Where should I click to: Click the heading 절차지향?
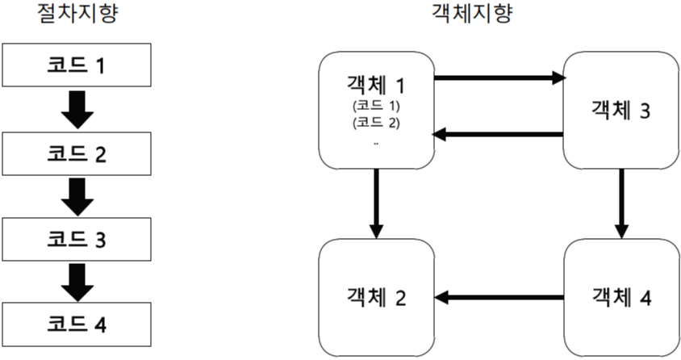[77, 15]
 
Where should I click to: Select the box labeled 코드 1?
[77, 65]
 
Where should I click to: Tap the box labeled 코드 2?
[77, 153]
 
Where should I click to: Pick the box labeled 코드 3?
[77, 240]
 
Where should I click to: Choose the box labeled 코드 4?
[77, 325]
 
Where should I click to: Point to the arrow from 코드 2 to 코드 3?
[77, 197]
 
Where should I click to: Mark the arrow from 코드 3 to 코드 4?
[77, 283]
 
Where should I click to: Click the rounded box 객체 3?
[620, 111]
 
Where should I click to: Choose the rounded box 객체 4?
[620, 298]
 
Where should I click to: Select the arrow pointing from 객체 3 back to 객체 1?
[498, 134]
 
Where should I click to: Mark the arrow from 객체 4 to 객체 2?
[499, 298]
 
